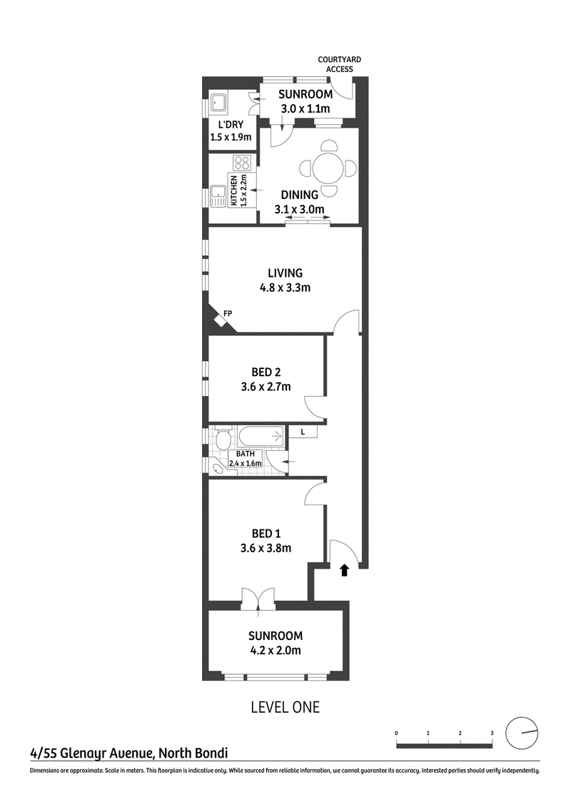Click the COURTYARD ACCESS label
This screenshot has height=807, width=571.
click(x=339, y=64)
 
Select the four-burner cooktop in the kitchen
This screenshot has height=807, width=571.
click(x=242, y=163)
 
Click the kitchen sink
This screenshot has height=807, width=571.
click(x=218, y=196)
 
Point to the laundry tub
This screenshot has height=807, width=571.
click(x=218, y=104)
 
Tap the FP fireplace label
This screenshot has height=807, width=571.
click(x=228, y=313)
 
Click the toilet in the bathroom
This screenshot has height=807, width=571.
click(x=223, y=440)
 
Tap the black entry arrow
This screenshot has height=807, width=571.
click(x=344, y=569)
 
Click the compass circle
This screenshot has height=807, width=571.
click(x=522, y=733)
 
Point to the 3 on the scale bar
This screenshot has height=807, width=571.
click(x=492, y=733)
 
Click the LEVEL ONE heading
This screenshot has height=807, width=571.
click(x=285, y=707)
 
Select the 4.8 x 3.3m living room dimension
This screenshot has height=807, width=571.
click(x=285, y=288)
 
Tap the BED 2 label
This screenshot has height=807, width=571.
click(x=266, y=372)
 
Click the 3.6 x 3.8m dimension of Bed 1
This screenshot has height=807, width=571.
click(x=266, y=548)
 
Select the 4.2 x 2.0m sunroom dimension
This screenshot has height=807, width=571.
click(x=276, y=650)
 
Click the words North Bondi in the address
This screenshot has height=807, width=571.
click(x=193, y=753)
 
